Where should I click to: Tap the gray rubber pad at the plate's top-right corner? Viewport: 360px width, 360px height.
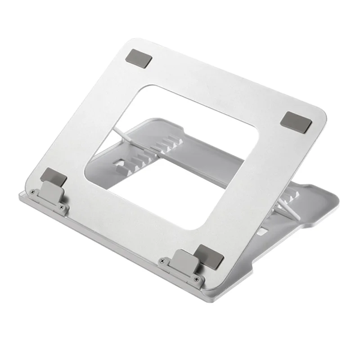[x=292, y=121]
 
